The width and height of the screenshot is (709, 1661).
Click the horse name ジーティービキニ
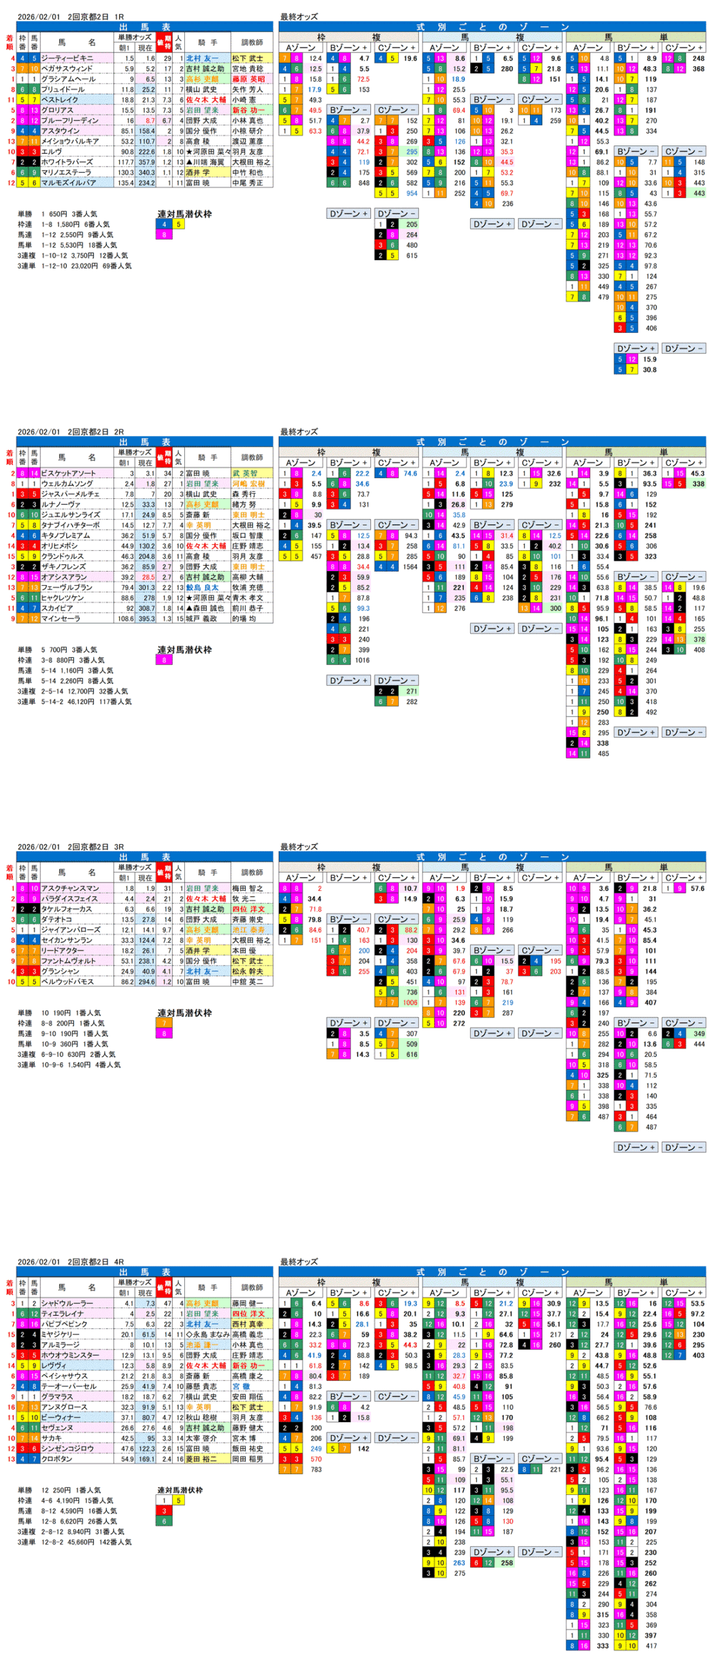click(x=67, y=58)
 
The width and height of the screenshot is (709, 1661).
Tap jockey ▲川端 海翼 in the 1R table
click(x=206, y=162)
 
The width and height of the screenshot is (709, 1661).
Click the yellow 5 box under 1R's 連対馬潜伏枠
click(x=178, y=224)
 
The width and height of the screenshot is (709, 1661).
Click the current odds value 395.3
click(x=147, y=618)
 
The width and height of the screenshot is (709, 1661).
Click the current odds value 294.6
click(x=147, y=981)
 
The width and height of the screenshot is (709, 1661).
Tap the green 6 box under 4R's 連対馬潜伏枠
click(x=164, y=1521)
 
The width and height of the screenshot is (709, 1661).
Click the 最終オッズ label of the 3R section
click(x=298, y=847)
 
